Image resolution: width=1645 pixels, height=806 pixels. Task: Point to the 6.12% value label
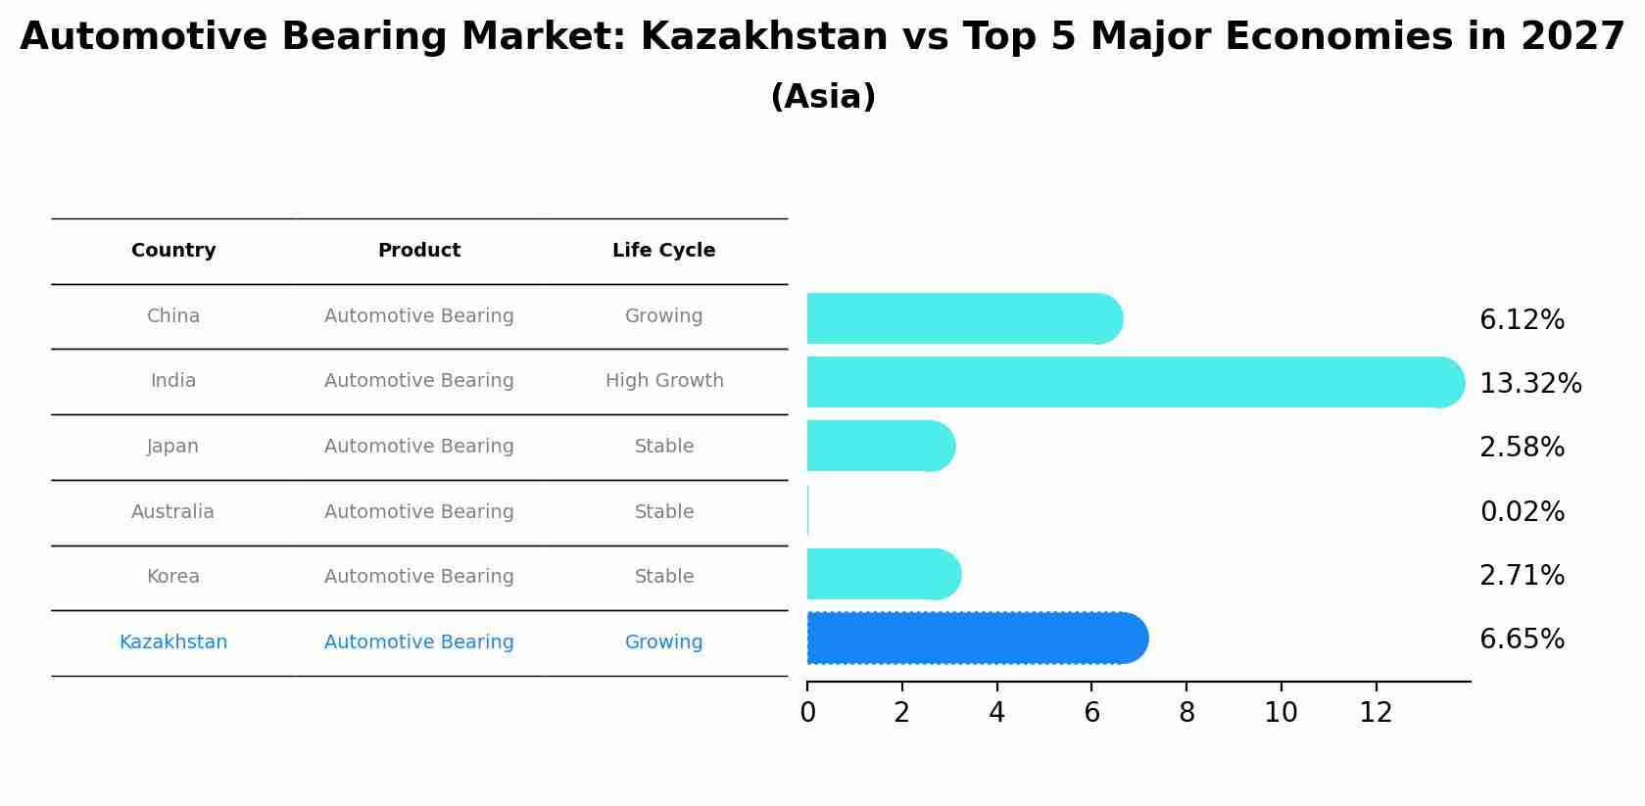point(1522,320)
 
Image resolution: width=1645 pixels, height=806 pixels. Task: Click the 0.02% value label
point(1522,512)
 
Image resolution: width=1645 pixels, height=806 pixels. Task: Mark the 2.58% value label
point(1522,448)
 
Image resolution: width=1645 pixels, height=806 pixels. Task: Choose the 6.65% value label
point(1522,640)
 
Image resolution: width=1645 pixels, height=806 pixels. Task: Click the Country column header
point(173,251)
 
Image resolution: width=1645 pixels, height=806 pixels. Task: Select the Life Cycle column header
point(663,251)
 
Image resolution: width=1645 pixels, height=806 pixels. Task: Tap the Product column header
point(418,251)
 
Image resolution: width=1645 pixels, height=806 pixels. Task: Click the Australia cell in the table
point(172,512)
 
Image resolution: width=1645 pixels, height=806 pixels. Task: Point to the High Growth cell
point(664,381)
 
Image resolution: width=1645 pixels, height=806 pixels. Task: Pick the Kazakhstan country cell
point(173,642)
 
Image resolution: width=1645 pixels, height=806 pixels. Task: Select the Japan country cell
point(172,447)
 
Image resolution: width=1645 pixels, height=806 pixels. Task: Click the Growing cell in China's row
point(663,316)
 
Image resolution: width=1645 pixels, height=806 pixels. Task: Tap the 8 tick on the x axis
point(1186,713)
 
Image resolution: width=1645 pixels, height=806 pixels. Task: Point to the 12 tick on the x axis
point(1376,713)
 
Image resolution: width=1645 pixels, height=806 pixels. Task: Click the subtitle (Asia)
point(823,97)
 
